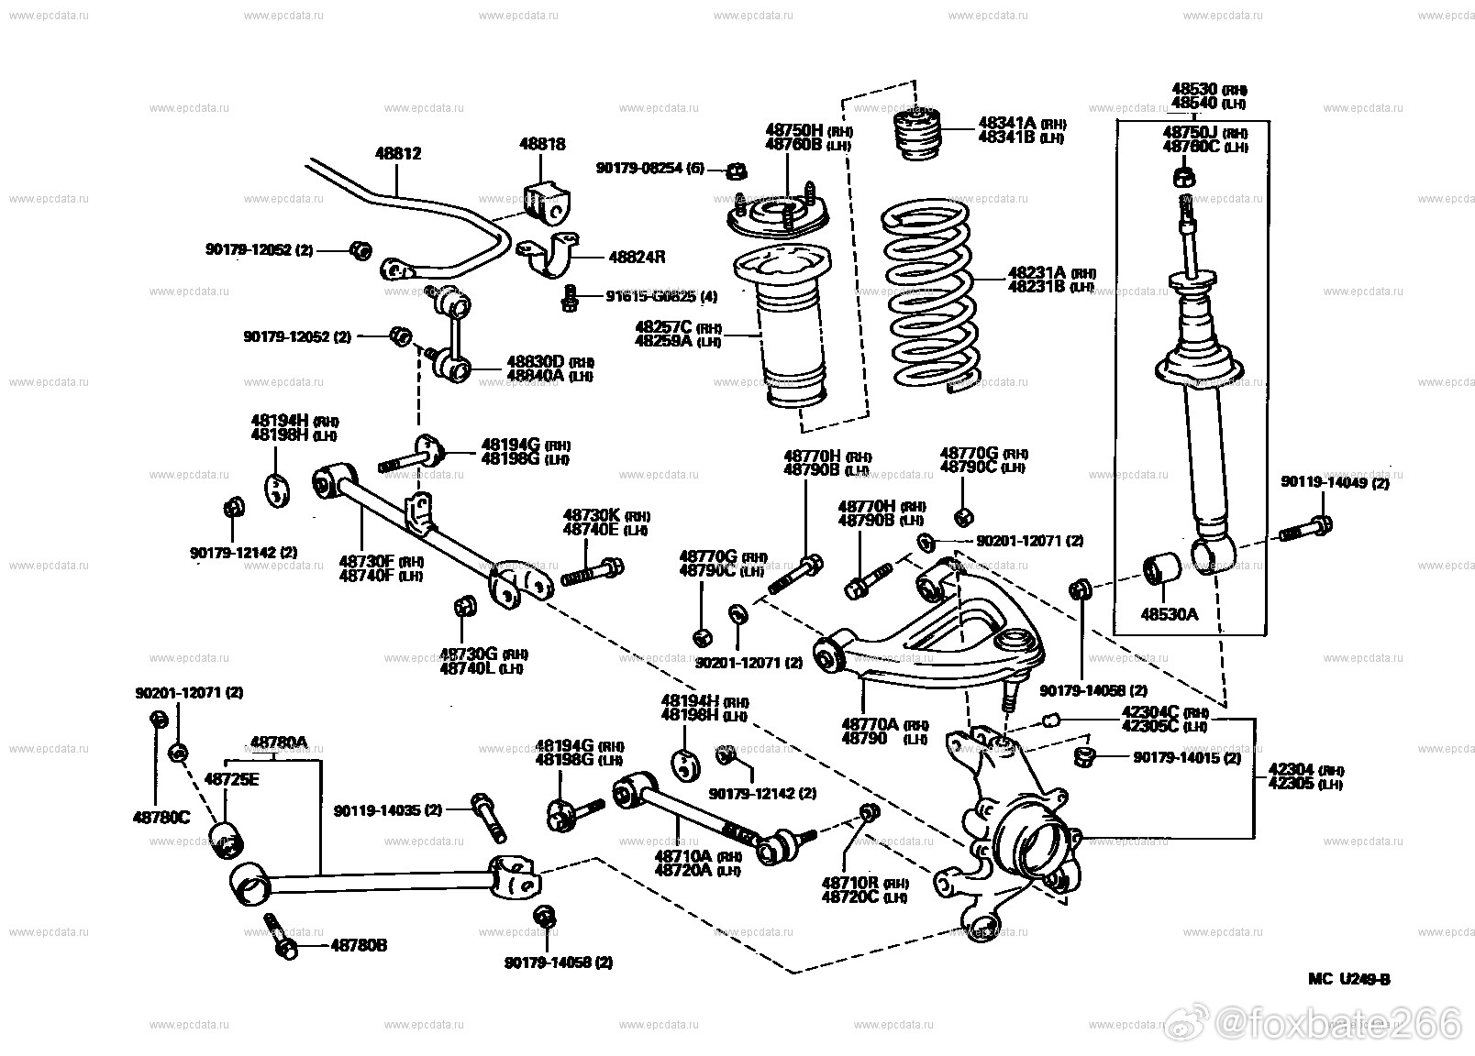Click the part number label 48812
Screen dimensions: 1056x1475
[398, 154]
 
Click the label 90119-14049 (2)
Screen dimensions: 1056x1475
[1335, 482]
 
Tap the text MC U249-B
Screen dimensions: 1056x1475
[1348, 979]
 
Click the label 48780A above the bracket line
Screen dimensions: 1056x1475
[279, 742]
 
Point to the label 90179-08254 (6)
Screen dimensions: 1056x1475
[650, 169]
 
